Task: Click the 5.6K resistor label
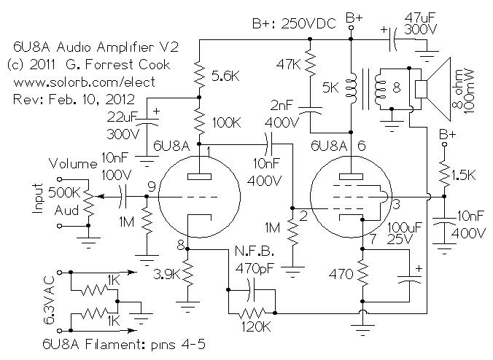(225, 76)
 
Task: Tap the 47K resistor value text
(288, 64)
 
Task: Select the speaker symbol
(433, 89)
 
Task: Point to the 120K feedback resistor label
(256, 327)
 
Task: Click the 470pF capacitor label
(255, 269)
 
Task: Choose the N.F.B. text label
(255, 251)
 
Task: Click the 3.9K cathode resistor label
(167, 275)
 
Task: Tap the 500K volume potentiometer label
(64, 192)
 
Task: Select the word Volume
(73, 164)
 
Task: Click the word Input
(38, 198)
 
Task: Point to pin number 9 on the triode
(152, 187)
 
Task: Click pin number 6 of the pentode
(362, 146)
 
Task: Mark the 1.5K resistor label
(463, 175)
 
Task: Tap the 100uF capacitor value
(404, 227)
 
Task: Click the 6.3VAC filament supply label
(49, 300)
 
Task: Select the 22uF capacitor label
(122, 117)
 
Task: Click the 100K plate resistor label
(226, 122)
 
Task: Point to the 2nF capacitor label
(282, 105)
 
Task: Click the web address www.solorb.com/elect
(85, 82)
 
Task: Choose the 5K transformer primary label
(330, 87)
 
